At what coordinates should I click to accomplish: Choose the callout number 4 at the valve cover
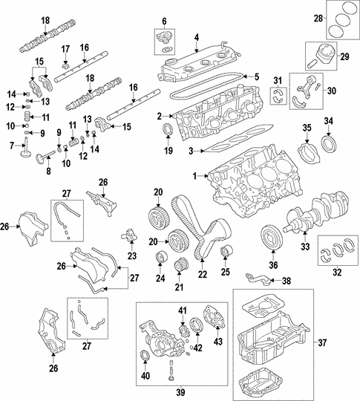pyautogui.click(x=196, y=36)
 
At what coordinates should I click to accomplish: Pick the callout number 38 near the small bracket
pyautogui.click(x=287, y=281)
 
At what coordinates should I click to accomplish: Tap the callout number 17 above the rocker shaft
pyautogui.click(x=66, y=50)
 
